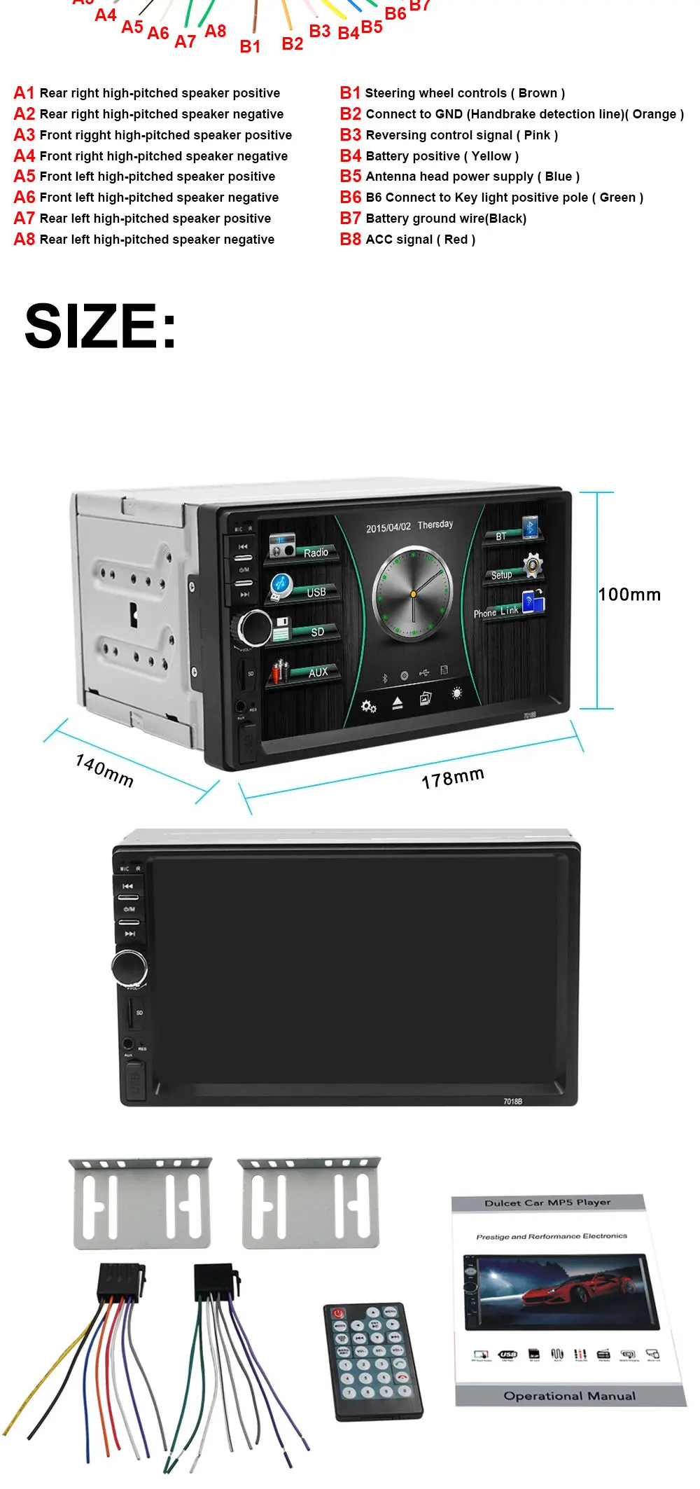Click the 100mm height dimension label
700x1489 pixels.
pyautogui.click(x=629, y=595)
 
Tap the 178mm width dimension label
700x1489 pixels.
pyautogui.click(x=453, y=777)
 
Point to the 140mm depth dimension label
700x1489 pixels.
pyautogui.click(x=104, y=770)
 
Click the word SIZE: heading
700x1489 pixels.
pyautogui.click(x=101, y=326)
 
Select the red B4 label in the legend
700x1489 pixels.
pyautogui.click(x=351, y=155)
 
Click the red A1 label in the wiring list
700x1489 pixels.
pyautogui.click(x=24, y=93)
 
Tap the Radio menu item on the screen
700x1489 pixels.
pyautogui.click(x=315, y=553)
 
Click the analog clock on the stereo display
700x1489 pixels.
pyautogui.click(x=413, y=594)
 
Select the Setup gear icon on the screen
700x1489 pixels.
pyautogui.click(x=533, y=565)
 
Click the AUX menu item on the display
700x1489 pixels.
pyautogui.click(x=318, y=672)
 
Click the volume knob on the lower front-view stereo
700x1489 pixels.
pyautogui.click(x=130, y=967)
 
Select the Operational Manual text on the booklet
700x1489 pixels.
pyautogui.click(x=570, y=1395)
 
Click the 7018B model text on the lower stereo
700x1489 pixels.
pyautogui.click(x=512, y=1101)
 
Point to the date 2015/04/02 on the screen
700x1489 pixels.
pyautogui.click(x=388, y=527)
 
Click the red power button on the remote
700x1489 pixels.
pyautogui.click(x=339, y=1313)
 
